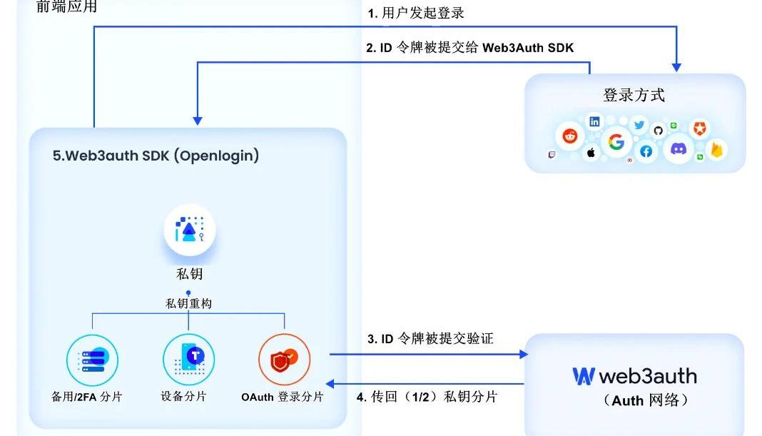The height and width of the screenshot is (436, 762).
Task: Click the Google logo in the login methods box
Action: click(616, 142)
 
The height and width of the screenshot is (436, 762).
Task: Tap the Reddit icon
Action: click(569, 135)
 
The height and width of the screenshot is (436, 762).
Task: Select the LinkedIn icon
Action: click(594, 122)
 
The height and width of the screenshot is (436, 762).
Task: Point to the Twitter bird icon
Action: click(639, 126)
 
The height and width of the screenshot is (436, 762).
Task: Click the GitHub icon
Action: click(658, 130)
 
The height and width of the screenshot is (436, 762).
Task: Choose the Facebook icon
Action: click(646, 151)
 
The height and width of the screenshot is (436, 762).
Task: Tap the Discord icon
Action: click(677, 149)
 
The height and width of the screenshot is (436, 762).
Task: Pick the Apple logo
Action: click(591, 153)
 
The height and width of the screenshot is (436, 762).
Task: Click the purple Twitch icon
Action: click(552, 155)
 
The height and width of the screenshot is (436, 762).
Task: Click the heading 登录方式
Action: click(634, 96)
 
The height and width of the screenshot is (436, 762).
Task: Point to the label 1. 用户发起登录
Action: click(416, 13)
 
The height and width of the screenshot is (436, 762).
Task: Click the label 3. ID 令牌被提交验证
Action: click(430, 339)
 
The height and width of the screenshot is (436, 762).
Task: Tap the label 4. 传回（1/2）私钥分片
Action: click(427, 397)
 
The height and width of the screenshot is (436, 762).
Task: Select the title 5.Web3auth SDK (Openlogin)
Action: click(156, 156)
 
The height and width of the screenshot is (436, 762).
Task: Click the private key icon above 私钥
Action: click(189, 230)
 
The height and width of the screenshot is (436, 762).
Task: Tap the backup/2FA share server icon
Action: click(92, 359)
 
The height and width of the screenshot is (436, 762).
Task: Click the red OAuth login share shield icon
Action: click(284, 359)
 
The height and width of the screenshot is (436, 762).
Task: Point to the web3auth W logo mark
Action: click(583, 376)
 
